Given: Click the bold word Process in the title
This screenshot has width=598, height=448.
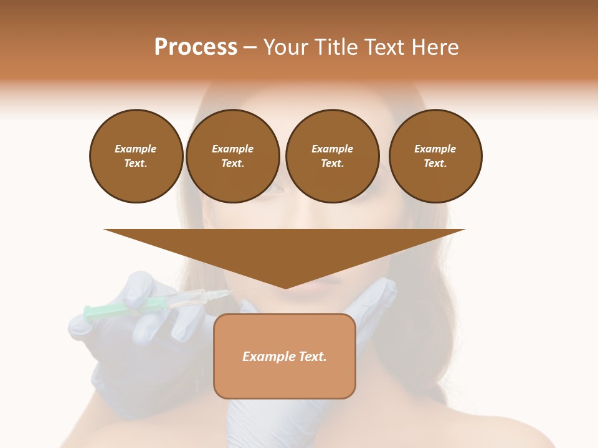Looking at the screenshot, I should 196,47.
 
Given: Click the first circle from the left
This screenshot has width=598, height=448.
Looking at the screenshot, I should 136,156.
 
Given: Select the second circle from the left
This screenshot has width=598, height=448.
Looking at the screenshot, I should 232,156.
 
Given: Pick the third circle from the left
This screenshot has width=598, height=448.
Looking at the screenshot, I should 332,156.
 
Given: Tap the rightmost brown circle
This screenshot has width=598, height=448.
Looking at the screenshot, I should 435,156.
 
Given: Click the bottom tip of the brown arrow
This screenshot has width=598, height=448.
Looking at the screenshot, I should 285,287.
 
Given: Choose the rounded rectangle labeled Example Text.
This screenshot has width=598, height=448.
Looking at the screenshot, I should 285,356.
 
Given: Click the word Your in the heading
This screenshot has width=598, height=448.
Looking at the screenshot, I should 283,47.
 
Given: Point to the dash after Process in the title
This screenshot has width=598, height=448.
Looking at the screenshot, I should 249,47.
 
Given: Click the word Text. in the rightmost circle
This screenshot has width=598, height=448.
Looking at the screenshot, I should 435,164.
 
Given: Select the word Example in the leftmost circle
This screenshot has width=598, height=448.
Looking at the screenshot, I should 136,149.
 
